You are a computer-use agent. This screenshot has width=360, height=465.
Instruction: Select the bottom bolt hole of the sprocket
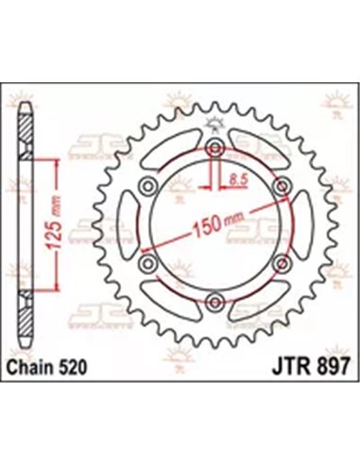(216, 301)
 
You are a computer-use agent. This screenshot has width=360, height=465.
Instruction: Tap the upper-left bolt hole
(149, 186)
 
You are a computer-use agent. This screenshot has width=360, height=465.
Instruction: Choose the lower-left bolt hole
(149, 264)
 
